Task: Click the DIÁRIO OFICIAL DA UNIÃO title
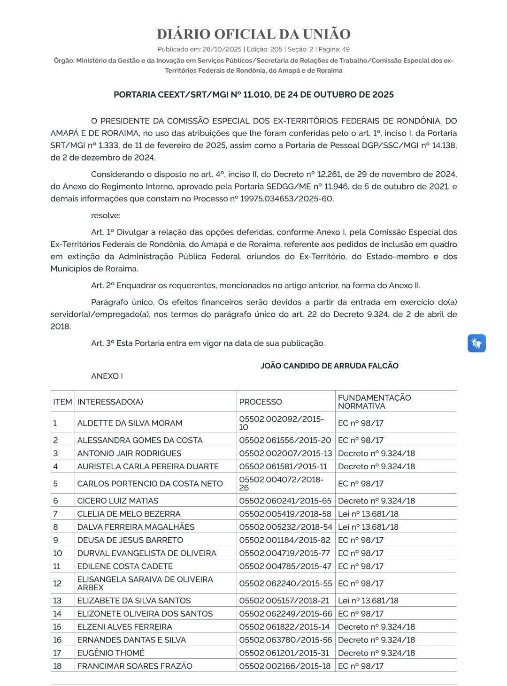click(253, 34)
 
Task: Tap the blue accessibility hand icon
click(476, 343)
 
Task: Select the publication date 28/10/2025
click(222, 49)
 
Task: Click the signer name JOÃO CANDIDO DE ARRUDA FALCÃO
click(329, 366)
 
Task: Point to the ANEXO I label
click(107, 376)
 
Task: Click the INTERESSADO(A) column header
click(110, 402)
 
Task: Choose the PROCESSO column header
click(261, 402)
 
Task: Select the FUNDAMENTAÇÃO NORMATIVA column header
click(374, 402)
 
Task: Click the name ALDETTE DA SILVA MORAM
click(130, 423)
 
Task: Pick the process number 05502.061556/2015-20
click(285, 440)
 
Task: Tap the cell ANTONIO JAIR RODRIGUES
click(129, 453)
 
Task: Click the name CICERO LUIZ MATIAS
click(118, 501)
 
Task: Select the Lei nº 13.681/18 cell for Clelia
click(368, 514)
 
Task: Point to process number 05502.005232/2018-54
click(285, 527)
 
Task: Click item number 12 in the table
click(57, 583)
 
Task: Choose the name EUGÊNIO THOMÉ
click(111, 653)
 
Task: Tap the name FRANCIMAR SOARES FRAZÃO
click(135, 666)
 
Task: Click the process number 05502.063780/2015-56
click(285, 640)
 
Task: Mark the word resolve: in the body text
click(106, 215)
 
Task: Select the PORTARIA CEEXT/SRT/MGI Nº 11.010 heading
click(253, 94)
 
